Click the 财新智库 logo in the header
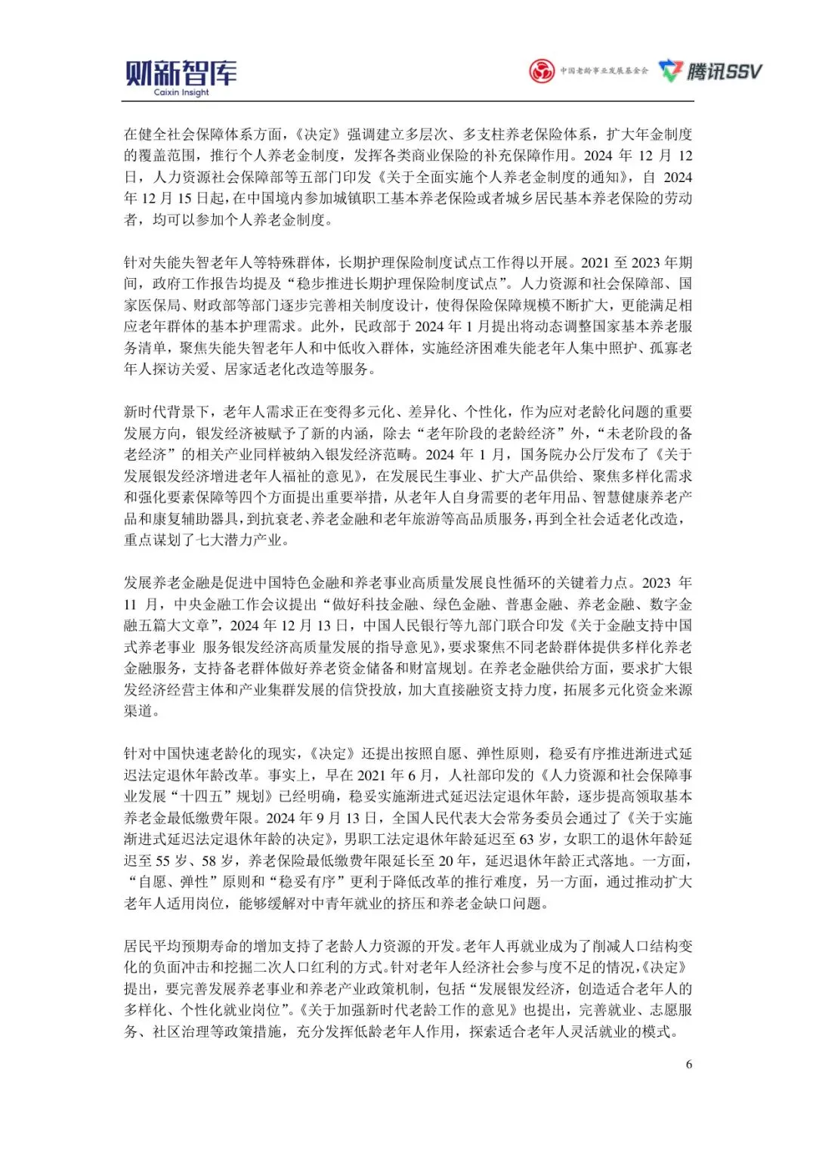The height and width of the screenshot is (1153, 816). point(181,73)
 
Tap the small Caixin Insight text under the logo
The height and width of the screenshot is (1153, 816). point(181,93)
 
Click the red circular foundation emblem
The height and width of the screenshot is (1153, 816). point(542,72)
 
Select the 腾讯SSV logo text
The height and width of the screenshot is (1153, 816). point(724,72)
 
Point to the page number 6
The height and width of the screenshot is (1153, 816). point(688,1064)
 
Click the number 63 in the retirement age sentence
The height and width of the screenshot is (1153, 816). point(527,839)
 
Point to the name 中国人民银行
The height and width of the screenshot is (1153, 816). point(406,626)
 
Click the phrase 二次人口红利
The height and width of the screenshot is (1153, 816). point(282,967)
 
